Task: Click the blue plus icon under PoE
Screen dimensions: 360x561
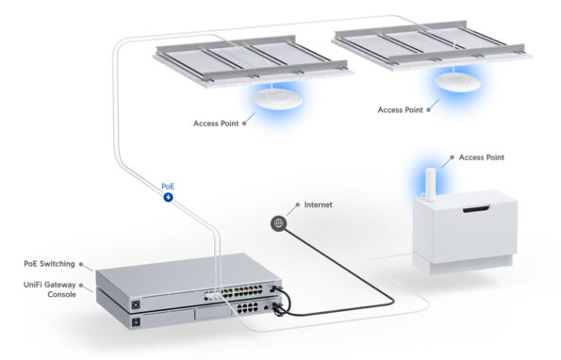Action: [168, 199]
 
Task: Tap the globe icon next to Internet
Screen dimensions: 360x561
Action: [277, 223]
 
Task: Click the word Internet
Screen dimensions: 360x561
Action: [319, 205]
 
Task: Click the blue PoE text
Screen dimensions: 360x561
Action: [168, 187]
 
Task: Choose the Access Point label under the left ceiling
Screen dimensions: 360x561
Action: [216, 122]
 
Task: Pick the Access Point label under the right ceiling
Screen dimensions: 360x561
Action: [401, 110]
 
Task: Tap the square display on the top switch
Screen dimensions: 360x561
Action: [137, 303]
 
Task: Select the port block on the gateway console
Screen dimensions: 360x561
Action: [250, 308]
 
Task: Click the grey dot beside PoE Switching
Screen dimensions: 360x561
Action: [82, 264]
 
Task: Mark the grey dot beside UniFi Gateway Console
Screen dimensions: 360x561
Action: [82, 284]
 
